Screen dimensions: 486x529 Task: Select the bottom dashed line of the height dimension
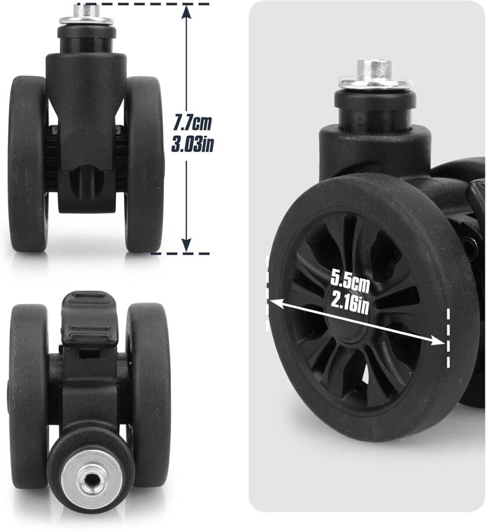click(x=180, y=253)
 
